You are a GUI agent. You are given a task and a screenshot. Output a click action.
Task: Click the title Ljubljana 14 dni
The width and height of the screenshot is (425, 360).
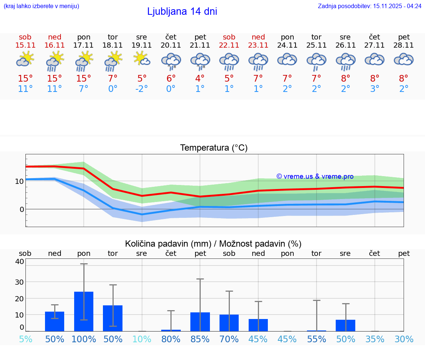pos(182,11)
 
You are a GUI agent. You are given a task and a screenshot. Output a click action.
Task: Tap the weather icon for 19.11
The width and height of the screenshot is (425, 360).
pos(142,59)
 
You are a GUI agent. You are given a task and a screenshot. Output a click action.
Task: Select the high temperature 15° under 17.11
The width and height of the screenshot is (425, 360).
pos(83,79)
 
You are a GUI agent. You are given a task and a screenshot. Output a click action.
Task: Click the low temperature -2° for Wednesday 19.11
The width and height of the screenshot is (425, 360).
pos(142,89)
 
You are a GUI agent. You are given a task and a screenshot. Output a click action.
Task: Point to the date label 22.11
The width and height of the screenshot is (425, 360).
pos(229,45)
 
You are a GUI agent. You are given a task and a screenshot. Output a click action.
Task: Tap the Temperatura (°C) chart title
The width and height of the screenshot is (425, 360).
pos(214,148)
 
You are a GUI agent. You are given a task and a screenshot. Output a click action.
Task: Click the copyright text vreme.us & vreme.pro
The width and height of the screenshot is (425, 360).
pos(315,176)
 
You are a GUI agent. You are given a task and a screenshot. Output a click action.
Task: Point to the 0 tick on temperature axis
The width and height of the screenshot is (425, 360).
pos(21,209)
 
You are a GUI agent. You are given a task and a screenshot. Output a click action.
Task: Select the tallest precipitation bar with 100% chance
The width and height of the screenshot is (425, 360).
pos(84,311)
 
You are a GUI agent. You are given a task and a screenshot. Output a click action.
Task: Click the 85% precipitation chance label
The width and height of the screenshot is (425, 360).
pos(200,339)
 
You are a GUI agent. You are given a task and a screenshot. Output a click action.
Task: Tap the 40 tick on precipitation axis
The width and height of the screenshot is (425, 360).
pos(20,262)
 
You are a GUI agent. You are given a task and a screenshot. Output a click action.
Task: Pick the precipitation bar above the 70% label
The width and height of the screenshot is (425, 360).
pos(229,323)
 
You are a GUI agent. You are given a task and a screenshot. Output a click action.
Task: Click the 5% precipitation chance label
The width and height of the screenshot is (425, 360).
pos(25,339)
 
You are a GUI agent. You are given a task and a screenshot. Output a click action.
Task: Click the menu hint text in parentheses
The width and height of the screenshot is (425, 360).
pos(41,6)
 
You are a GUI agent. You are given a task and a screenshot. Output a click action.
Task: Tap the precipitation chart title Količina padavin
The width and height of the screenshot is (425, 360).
pos(213,244)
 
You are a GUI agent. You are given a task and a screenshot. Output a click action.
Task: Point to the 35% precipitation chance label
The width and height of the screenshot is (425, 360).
pos(375,339)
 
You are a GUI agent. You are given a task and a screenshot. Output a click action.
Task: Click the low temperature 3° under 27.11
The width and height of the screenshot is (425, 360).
pos(375,89)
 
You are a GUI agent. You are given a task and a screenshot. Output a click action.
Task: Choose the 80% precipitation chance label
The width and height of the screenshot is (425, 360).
pos(171,339)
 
